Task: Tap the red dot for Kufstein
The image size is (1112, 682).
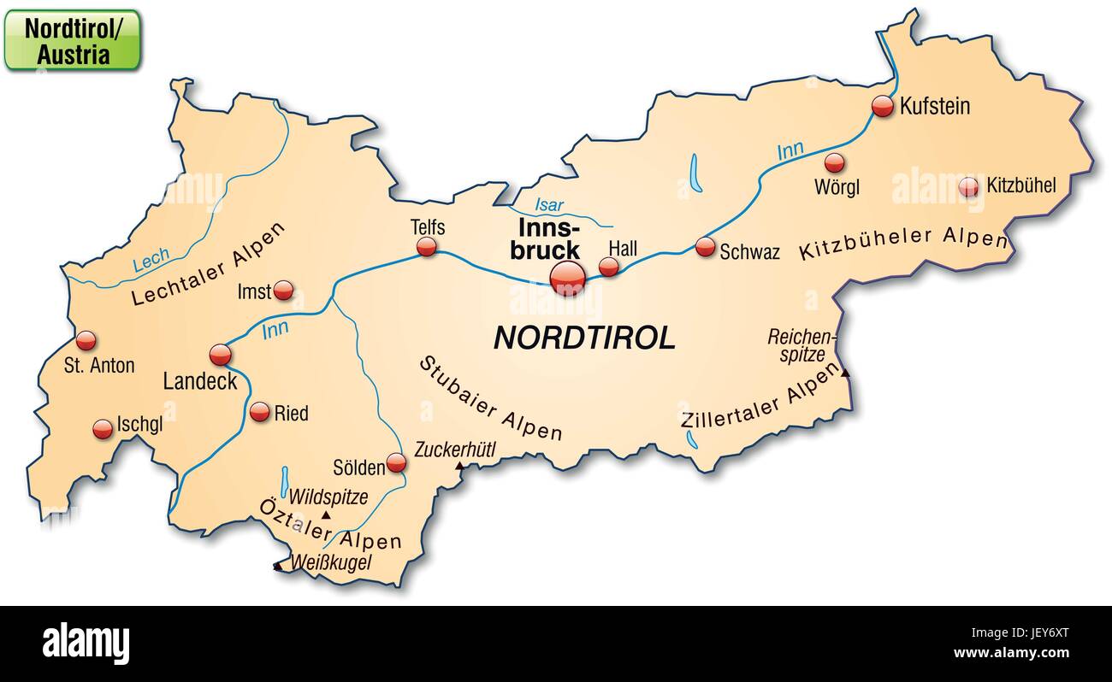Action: (x=883, y=106)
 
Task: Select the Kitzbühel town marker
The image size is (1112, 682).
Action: (x=969, y=186)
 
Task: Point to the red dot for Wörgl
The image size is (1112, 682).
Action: (x=834, y=162)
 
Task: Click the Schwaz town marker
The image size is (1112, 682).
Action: (x=705, y=247)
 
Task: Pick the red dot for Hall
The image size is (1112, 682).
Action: (x=608, y=267)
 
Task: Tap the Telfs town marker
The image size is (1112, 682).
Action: (x=426, y=247)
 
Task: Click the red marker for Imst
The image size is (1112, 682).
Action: (x=283, y=291)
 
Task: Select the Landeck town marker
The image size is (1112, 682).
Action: (x=220, y=354)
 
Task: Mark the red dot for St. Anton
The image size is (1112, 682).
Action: (x=86, y=341)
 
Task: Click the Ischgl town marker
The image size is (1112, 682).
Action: (x=103, y=429)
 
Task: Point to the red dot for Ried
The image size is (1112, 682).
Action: (x=260, y=412)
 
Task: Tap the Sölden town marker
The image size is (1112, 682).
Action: (x=396, y=463)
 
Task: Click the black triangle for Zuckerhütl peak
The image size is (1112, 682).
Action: (x=459, y=467)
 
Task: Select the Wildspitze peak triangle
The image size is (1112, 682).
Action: (x=326, y=516)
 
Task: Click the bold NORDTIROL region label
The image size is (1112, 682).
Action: (x=584, y=338)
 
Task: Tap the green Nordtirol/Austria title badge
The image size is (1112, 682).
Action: (x=72, y=40)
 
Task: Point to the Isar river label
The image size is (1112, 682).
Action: (x=549, y=205)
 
